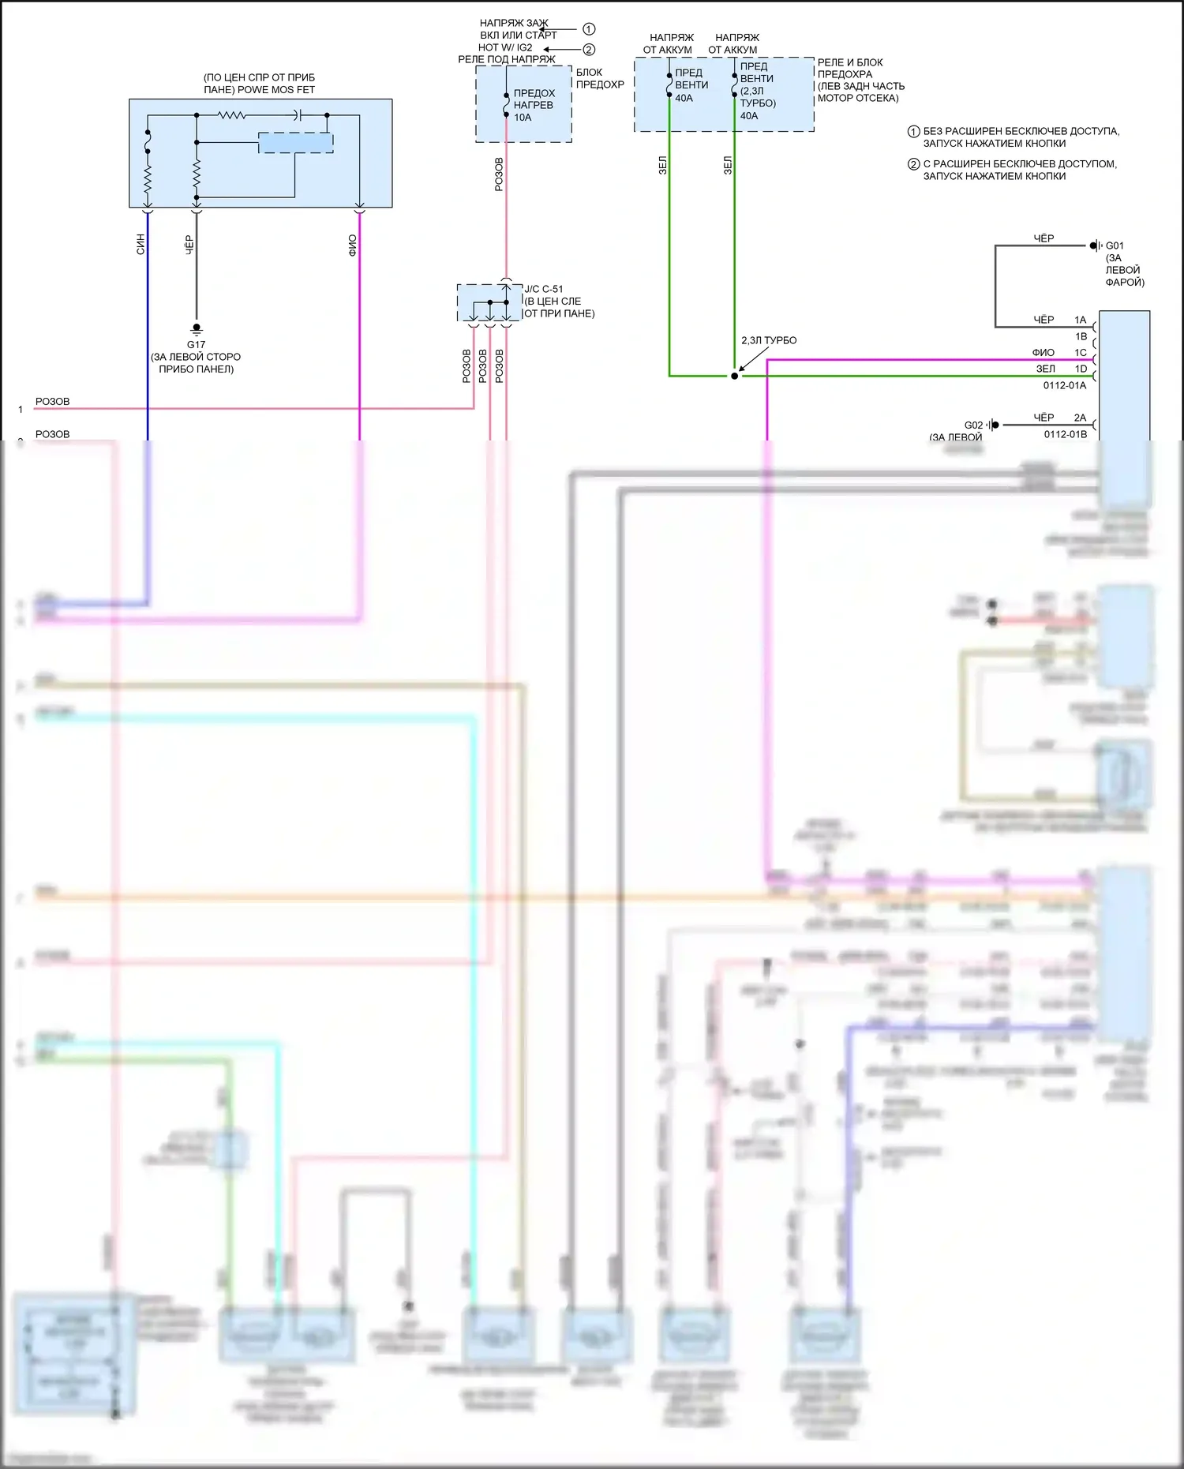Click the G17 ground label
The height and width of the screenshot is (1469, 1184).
click(196, 345)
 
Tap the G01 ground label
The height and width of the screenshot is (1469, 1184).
click(1115, 246)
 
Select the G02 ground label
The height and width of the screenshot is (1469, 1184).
click(973, 425)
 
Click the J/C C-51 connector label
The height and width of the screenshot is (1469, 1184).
click(544, 290)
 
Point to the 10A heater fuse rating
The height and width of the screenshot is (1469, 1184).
click(523, 118)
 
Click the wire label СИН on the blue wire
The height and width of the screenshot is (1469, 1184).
click(141, 244)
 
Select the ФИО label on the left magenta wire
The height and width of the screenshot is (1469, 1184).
click(352, 245)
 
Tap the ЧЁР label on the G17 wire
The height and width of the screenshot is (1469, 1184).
click(189, 245)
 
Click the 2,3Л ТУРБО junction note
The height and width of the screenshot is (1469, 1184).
click(769, 341)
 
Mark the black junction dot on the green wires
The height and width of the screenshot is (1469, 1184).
click(734, 376)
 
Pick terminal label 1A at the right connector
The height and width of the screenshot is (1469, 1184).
click(1080, 320)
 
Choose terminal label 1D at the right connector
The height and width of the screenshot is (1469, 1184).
click(1081, 369)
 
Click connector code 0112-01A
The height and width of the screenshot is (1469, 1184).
click(1065, 386)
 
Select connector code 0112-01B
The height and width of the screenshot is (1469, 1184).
click(1065, 434)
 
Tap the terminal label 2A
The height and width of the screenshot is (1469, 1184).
click(1080, 418)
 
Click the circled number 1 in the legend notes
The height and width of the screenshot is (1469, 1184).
click(913, 132)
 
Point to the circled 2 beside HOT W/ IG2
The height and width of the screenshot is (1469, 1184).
click(589, 49)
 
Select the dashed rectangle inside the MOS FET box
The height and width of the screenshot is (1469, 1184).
click(296, 143)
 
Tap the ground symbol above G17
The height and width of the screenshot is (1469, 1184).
click(197, 329)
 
